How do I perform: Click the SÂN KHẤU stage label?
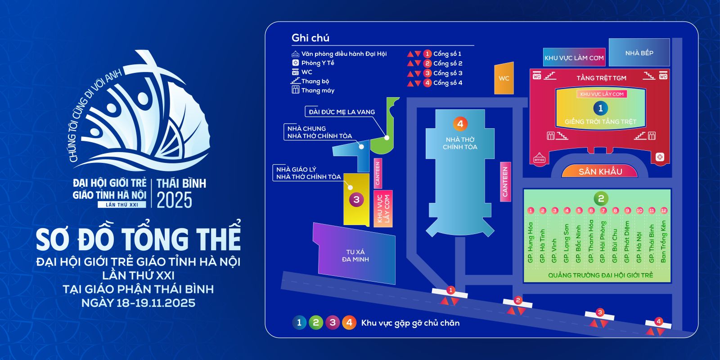pyautogui.click(x=600, y=171)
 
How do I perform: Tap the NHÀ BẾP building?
pyautogui.click(x=639, y=53)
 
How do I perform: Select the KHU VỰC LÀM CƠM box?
pyautogui.click(x=574, y=58)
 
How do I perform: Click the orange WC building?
pyautogui.click(x=504, y=78)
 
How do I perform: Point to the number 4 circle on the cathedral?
pyautogui.click(x=460, y=123)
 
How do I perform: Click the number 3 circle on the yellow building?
pyautogui.click(x=356, y=199)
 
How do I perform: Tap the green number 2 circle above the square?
pyautogui.click(x=600, y=198)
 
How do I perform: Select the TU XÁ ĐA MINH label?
pyautogui.click(x=355, y=256)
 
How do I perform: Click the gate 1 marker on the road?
pyautogui.click(x=450, y=291)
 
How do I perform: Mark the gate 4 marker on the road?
pyautogui.click(x=659, y=322)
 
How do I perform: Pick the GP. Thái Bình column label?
pyautogui.click(x=652, y=243)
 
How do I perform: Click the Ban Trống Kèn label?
pyautogui.click(x=663, y=241)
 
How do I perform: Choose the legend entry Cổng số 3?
pyautogui.click(x=447, y=73)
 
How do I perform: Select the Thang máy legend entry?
pyautogui.click(x=317, y=90)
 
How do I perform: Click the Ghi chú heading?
pyautogui.click(x=310, y=38)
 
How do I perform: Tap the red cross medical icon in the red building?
pyautogui.click(x=660, y=157)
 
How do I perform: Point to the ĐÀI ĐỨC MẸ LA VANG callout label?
pyautogui.click(x=342, y=112)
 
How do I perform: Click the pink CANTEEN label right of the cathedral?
pyautogui.click(x=505, y=181)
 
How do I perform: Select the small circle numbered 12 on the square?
pyautogui.click(x=664, y=211)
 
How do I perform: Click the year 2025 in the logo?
pyautogui.click(x=175, y=200)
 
